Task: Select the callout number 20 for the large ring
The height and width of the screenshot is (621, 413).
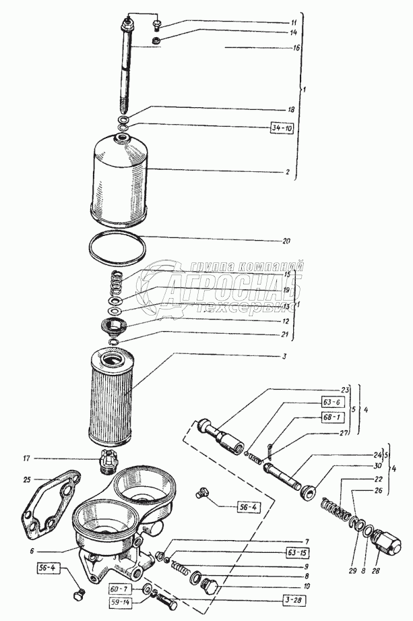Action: pos(286,239)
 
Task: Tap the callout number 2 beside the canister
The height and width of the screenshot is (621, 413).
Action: pos(287,172)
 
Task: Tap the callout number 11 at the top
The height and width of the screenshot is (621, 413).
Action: pos(294,22)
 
